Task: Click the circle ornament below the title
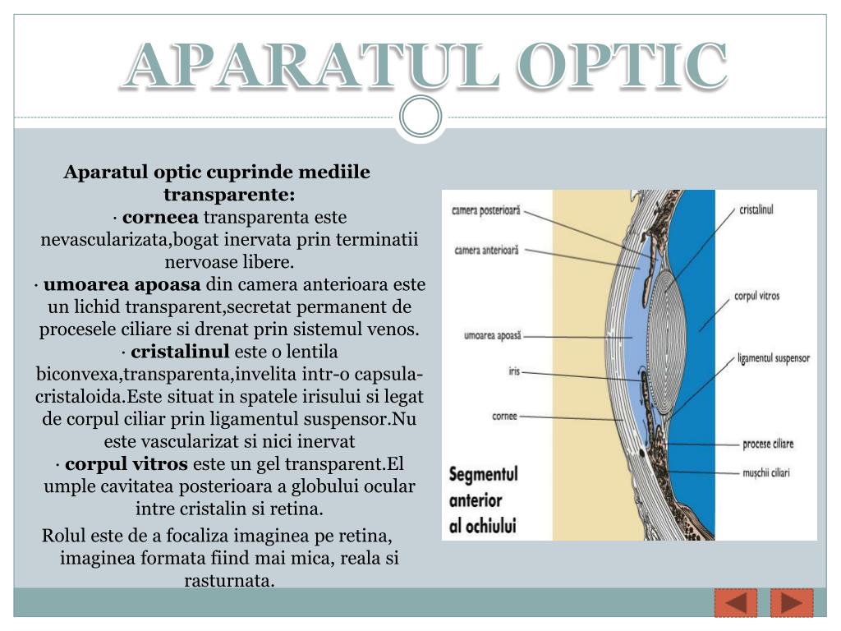pos(420,117)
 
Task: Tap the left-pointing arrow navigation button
pos(736,603)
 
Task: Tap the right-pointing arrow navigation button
pos(792,603)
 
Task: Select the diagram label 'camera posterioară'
pos(486,210)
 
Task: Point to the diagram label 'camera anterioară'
pos(487,250)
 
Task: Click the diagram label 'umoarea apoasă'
pos(493,335)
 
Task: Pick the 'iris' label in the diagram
pos(514,372)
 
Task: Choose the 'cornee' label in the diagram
pos(504,416)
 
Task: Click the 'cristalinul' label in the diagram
pos(756,210)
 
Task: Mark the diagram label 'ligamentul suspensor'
pos(774,358)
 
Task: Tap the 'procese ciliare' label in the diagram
pos(768,444)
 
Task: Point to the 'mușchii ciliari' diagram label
pos(766,473)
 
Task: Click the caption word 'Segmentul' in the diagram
pos(484,475)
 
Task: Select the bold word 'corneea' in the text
pos(160,218)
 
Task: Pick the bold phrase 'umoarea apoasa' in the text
pos(122,285)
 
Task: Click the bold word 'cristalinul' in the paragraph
pos(180,352)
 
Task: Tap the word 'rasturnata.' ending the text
pos(229,580)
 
